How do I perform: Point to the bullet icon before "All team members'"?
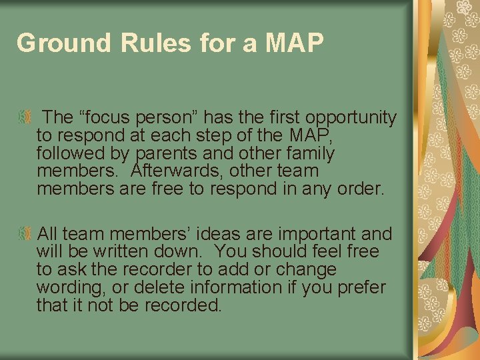[x=25, y=234]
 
